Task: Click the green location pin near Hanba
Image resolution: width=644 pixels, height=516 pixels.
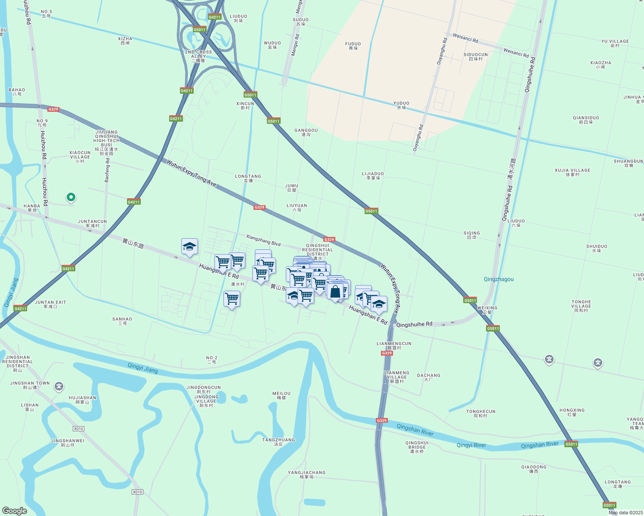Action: click(x=71, y=197)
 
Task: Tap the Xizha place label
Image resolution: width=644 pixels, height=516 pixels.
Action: click(x=125, y=41)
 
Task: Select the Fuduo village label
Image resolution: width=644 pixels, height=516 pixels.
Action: click(x=353, y=46)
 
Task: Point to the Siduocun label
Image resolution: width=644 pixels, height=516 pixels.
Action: click(x=475, y=57)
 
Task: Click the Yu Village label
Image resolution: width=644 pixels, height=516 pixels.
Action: click(x=615, y=43)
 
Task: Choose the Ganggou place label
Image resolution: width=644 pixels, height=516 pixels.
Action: click(x=306, y=132)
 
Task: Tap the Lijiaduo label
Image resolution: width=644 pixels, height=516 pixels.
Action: click(x=373, y=176)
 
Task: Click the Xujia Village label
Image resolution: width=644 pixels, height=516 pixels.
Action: click(x=572, y=172)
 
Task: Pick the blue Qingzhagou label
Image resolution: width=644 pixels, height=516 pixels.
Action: click(x=498, y=279)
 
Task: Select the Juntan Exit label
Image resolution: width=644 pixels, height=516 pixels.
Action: click(x=50, y=304)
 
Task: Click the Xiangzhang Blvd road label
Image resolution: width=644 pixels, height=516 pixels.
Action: click(x=263, y=240)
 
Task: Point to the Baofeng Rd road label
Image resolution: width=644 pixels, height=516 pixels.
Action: click(x=107, y=170)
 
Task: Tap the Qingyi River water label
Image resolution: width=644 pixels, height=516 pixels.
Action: click(x=471, y=445)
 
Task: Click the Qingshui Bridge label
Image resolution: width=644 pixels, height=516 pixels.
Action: click(x=417, y=447)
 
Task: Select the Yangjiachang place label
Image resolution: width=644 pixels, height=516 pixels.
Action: click(x=307, y=474)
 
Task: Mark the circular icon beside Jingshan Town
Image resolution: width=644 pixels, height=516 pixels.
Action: click(x=59, y=387)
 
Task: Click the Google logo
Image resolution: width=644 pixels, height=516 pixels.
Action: click(x=14, y=511)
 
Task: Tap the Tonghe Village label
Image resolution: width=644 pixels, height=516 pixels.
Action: click(x=581, y=306)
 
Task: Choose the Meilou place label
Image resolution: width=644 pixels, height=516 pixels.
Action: click(x=282, y=395)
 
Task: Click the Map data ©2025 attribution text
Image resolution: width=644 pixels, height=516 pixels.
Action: click(x=625, y=513)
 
